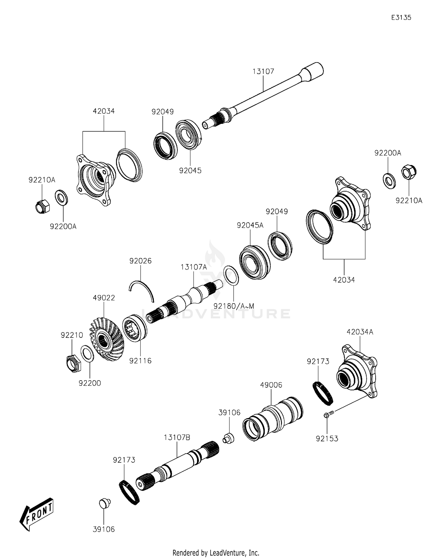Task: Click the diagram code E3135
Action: (401, 18)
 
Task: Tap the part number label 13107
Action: (263, 71)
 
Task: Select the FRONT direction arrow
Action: (37, 514)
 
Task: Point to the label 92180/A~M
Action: (234, 306)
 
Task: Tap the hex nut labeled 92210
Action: (73, 364)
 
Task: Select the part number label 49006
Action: (271, 385)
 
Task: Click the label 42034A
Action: (360, 332)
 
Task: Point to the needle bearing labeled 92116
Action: (134, 328)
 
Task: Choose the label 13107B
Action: (177, 438)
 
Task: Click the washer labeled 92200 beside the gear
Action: (87, 354)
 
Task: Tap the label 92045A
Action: (250, 225)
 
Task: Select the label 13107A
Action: (194, 267)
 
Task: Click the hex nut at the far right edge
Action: (409, 172)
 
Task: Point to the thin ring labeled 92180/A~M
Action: (231, 276)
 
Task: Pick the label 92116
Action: (140, 360)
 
